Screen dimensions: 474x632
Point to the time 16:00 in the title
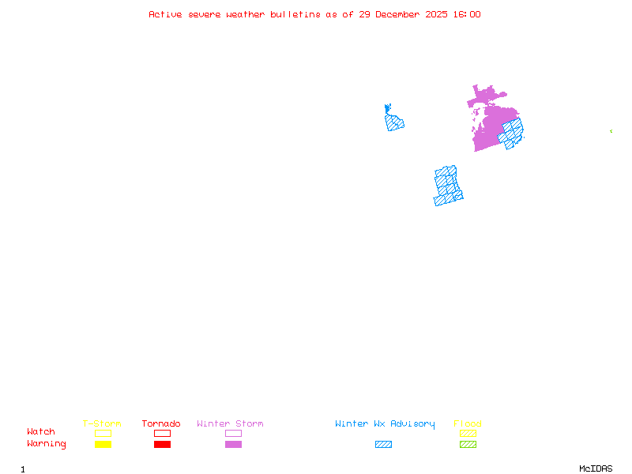click(465, 14)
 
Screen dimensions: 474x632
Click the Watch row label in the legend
click(41, 432)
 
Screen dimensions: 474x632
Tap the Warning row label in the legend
click(47, 444)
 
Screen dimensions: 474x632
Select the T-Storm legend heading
click(102, 424)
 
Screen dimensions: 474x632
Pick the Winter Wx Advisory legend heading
click(385, 424)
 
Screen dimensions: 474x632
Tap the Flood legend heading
click(468, 424)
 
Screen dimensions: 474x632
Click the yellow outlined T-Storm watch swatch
click(103, 433)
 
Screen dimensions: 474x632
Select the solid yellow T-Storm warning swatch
click(103, 445)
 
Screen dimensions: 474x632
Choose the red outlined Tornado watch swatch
click(162, 433)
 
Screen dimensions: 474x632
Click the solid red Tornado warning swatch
click(162, 445)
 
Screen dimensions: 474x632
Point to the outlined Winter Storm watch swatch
click(233, 433)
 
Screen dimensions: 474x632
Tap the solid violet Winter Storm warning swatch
click(233, 445)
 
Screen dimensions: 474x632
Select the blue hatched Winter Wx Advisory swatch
click(383, 445)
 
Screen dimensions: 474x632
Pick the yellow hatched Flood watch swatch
click(468, 433)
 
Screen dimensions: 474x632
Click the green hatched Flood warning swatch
click(468, 445)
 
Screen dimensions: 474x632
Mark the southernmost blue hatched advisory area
click(447, 186)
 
